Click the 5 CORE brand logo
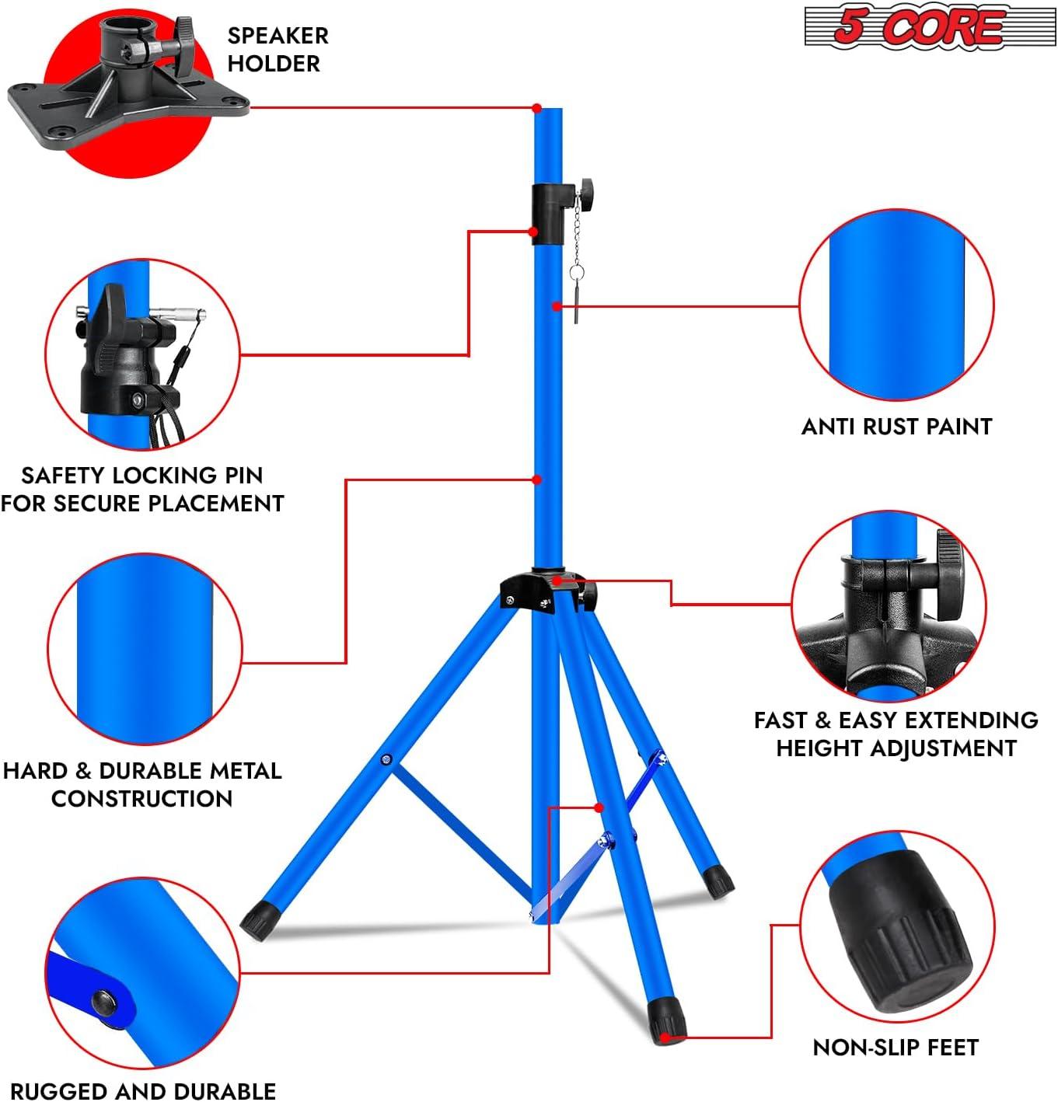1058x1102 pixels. (x=928, y=27)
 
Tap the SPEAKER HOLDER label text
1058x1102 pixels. (x=278, y=50)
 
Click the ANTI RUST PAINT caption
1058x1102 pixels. (x=896, y=427)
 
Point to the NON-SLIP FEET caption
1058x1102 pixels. (x=895, y=1048)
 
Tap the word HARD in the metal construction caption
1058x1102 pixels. (x=36, y=771)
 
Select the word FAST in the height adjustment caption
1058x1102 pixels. (x=780, y=720)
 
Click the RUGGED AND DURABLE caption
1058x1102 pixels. (x=143, y=1091)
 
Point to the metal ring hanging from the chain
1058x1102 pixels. (x=576, y=273)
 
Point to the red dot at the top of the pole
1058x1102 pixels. (x=536, y=108)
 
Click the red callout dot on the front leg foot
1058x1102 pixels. (x=665, y=1037)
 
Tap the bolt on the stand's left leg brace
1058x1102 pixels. (x=386, y=759)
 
